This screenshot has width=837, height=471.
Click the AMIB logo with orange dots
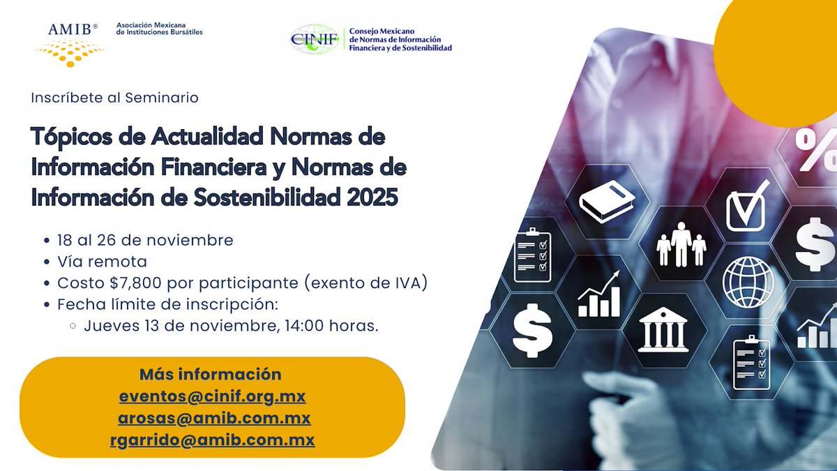(x=70, y=43)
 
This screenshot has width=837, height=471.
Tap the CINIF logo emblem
(x=315, y=39)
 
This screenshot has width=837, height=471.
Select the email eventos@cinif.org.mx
(x=212, y=396)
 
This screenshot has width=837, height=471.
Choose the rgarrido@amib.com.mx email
(x=212, y=440)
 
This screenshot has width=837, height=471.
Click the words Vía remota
(x=103, y=262)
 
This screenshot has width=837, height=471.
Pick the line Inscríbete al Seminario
(x=114, y=98)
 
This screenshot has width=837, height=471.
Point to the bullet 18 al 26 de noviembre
(x=145, y=240)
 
